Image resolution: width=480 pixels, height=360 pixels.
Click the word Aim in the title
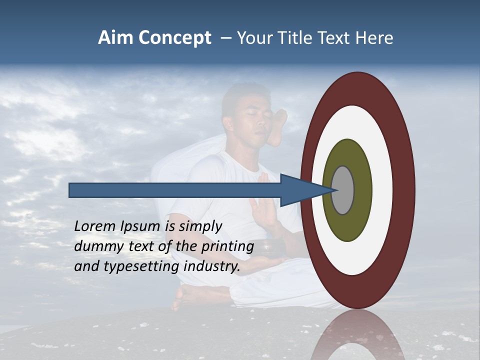pyautogui.click(x=116, y=38)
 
